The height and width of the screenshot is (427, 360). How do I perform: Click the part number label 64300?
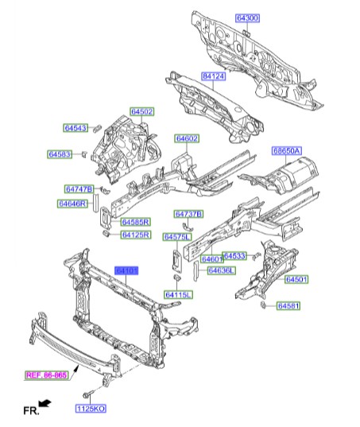tap(247, 18)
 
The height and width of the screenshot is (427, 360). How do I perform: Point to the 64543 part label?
tap(76, 128)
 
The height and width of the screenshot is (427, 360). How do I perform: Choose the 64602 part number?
tap(188, 138)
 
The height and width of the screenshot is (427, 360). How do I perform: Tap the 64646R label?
tap(72, 204)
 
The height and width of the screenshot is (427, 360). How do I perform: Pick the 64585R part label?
tap(136, 222)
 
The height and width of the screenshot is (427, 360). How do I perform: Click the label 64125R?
tap(136, 235)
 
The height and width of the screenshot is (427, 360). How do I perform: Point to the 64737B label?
tap(189, 215)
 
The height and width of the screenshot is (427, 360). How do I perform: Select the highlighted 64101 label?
tap(127, 271)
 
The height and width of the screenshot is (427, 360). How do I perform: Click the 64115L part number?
tap(179, 296)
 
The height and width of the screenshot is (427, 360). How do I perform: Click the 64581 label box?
tap(289, 305)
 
